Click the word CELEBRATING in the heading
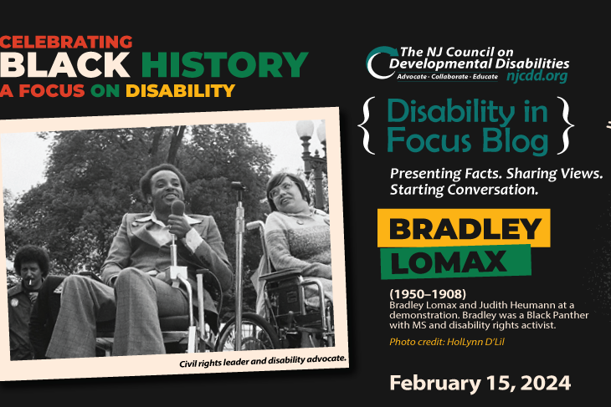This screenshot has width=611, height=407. point(67,41)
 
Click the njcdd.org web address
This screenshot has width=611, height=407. point(537,75)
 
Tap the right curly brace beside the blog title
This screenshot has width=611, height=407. point(567,126)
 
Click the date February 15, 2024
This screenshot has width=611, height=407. point(480,383)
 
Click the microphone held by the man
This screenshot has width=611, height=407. point(177,208)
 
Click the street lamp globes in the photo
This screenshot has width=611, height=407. point(310,132)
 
